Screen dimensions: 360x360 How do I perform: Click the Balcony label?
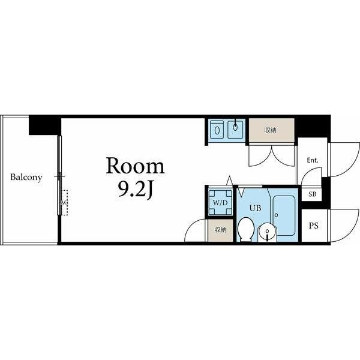(26, 178)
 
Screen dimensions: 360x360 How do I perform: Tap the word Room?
(135, 166)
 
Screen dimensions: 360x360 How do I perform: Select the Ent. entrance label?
(313, 160)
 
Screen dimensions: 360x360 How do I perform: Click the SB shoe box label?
(312, 194)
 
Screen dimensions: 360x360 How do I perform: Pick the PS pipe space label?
(314, 226)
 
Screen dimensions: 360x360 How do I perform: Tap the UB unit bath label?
(256, 208)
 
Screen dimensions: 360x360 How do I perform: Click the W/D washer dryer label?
(220, 203)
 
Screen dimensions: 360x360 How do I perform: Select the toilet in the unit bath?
(245, 229)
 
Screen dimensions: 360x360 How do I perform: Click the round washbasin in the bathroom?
(267, 233)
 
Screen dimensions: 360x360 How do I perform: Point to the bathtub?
(284, 215)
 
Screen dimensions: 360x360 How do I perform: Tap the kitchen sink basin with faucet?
(235, 129)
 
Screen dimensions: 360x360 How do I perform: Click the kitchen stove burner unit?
(217, 129)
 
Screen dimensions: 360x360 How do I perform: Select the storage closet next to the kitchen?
(272, 130)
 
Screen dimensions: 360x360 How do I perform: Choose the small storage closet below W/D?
(220, 230)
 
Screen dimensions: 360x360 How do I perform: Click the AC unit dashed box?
(64, 203)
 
